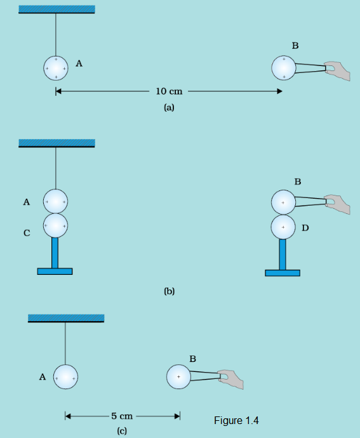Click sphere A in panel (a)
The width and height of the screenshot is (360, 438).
56,68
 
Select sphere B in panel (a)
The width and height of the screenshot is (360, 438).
284,68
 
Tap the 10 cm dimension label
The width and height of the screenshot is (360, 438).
169,91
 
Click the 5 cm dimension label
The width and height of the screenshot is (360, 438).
122,416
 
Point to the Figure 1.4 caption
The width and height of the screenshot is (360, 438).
236,420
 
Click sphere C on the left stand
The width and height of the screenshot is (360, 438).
55,226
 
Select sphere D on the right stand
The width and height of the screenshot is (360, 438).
283,227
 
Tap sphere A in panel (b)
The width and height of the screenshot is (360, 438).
55,201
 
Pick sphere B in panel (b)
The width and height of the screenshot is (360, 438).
283,202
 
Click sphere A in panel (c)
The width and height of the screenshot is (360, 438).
65,377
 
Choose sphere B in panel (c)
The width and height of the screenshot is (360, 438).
178,376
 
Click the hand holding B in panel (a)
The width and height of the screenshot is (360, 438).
338,70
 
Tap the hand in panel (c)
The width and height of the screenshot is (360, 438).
231,379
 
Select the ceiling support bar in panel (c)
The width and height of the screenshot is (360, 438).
66,318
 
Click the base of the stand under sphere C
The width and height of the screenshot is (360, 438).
55,271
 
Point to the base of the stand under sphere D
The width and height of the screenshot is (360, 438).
283,273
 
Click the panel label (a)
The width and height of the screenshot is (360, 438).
169,107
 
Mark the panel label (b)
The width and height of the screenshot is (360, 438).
170,291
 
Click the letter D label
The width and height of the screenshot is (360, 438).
305,228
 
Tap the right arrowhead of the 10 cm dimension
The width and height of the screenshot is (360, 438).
279,91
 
